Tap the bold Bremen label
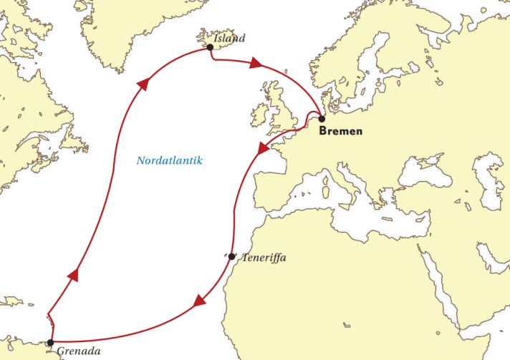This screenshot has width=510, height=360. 341,131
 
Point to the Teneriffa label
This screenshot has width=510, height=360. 264,258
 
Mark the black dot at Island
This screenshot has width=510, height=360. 210,47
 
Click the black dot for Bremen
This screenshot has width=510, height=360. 322,119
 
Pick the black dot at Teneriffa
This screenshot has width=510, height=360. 232,256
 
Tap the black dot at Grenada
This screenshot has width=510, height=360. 49,343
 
